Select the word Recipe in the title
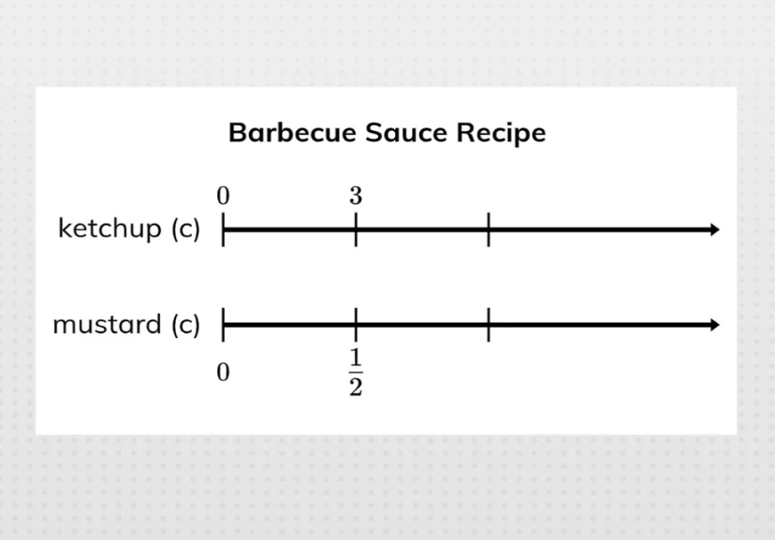click(501, 133)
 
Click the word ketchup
click(110, 228)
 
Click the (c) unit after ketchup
click(185, 229)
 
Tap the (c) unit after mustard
click(185, 325)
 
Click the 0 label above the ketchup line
click(223, 197)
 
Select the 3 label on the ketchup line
click(356, 197)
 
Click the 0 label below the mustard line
click(223, 373)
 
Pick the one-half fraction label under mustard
click(356, 373)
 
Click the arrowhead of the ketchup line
click(715, 229)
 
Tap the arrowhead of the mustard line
click(715, 325)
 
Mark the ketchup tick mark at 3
click(356, 229)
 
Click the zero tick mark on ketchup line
click(223, 229)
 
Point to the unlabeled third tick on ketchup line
click(489, 229)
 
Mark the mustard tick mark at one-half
click(356, 325)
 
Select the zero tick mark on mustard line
click(223, 325)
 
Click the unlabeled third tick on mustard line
click(489, 325)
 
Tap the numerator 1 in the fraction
click(356, 360)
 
